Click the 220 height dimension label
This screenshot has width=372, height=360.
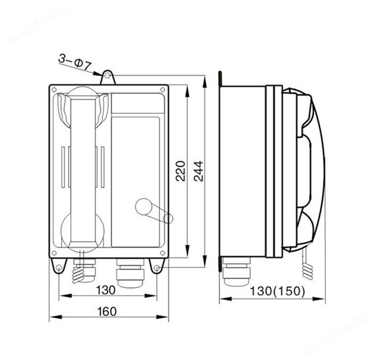click(x=181, y=171)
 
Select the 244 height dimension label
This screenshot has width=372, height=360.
click(x=198, y=171)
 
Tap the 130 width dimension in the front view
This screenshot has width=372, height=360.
click(x=106, y=290)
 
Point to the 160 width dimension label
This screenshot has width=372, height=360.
click(x=107, y=311)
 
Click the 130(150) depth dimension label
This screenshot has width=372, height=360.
click(x=277, y=291)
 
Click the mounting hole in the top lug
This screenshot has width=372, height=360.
click(x=108, y=76)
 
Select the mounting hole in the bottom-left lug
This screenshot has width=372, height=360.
click(x=59, y=268)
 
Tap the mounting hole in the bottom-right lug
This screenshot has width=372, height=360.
click(x=156, y=268)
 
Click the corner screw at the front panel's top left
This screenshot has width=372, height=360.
click(x=54, y=90)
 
